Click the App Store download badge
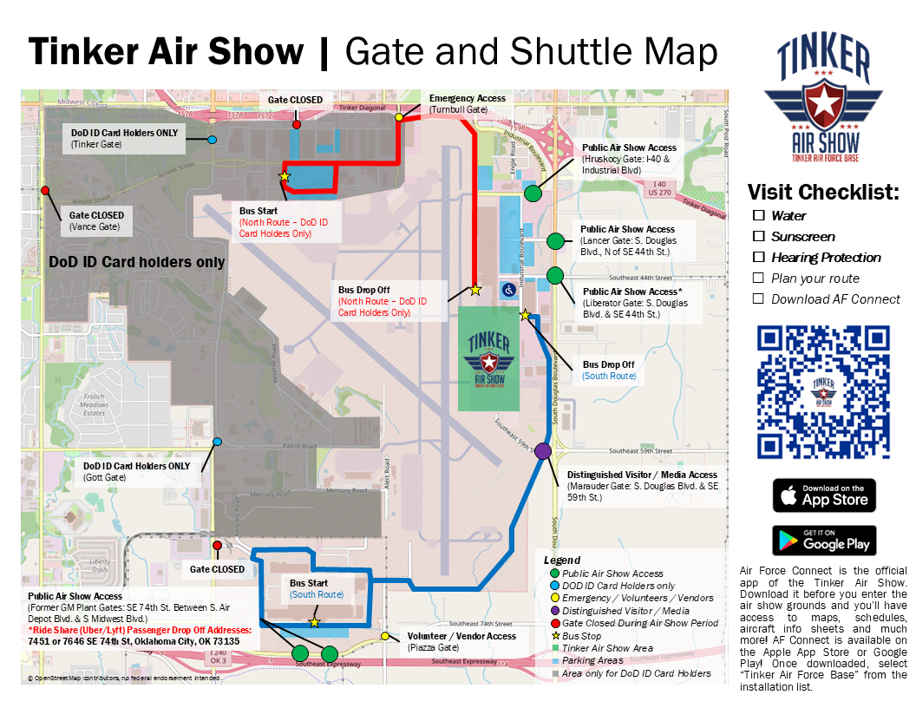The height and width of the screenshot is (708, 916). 824,495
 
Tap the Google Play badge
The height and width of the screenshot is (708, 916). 824,541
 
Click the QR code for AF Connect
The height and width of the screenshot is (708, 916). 824,392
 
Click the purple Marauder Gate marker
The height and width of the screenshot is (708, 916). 543,451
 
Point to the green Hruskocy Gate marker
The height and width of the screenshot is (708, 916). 533,193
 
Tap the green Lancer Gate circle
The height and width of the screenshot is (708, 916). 555,240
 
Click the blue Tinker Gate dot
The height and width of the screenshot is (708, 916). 213,140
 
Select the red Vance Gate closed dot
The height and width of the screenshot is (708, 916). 45,191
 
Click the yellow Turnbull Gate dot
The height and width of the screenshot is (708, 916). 399,117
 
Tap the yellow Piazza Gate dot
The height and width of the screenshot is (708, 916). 384,636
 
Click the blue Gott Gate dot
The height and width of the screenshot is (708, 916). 217,442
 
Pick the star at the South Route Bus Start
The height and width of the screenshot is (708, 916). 315,622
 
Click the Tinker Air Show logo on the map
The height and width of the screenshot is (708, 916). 488,358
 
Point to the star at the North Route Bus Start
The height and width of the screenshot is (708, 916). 284,176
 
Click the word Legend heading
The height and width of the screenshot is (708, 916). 561,560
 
